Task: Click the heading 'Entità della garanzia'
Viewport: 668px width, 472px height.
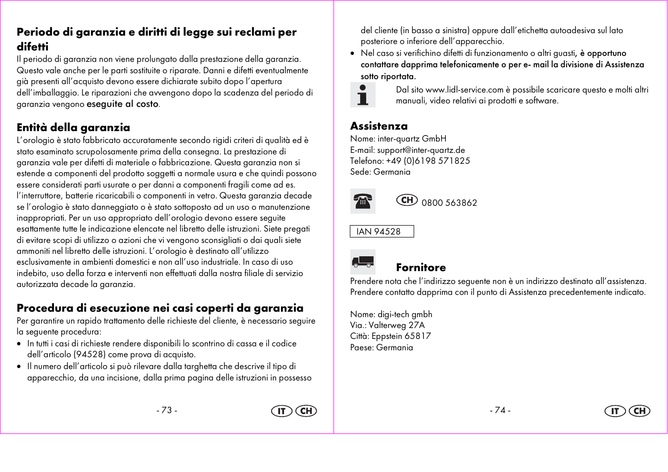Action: pyautogui.click(x=73, y=128)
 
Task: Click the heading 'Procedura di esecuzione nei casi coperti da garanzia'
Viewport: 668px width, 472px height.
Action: pyautogui.click(x=160, y=308)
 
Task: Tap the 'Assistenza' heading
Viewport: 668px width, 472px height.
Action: pyautogui.click(x=379, y=126)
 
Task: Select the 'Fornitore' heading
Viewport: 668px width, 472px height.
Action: pyautogui.click(x=421, y=268)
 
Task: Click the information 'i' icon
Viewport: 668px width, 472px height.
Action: pyautogui.click(x=363, y=94)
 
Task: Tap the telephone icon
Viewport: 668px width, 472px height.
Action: pyautogui.click(x=363, y=201)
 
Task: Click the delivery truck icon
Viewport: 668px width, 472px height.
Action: pyautogui.click(x=363, y=262)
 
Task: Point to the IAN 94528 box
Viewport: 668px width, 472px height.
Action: pyautogui.click(x=382, y=232)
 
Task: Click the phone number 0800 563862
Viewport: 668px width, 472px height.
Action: pyautogui.click(x=449, y=203)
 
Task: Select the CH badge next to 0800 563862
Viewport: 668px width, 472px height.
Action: pyautogui.click(x=407, y=200)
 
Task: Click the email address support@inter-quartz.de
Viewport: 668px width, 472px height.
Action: pyautogui.click(x=421, y=150)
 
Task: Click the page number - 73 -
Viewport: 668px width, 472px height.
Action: pyautogui.click(x=167, y=411)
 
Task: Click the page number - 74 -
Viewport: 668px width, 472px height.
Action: pyautogui.click(x=500, y=411)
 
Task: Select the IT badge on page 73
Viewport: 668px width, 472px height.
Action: pyautogui.click(x=282, y=411)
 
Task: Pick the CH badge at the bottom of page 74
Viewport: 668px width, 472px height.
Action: pyautogui.click(x=639, y=411)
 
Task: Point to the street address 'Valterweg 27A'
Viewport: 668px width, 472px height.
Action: pyautogui.click(x=396, y=325)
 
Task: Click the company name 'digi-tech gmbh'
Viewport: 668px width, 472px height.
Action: pyautogui.click(x=404, y=314)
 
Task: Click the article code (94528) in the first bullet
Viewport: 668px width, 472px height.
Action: pyautogui.click(x=90, y=355)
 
